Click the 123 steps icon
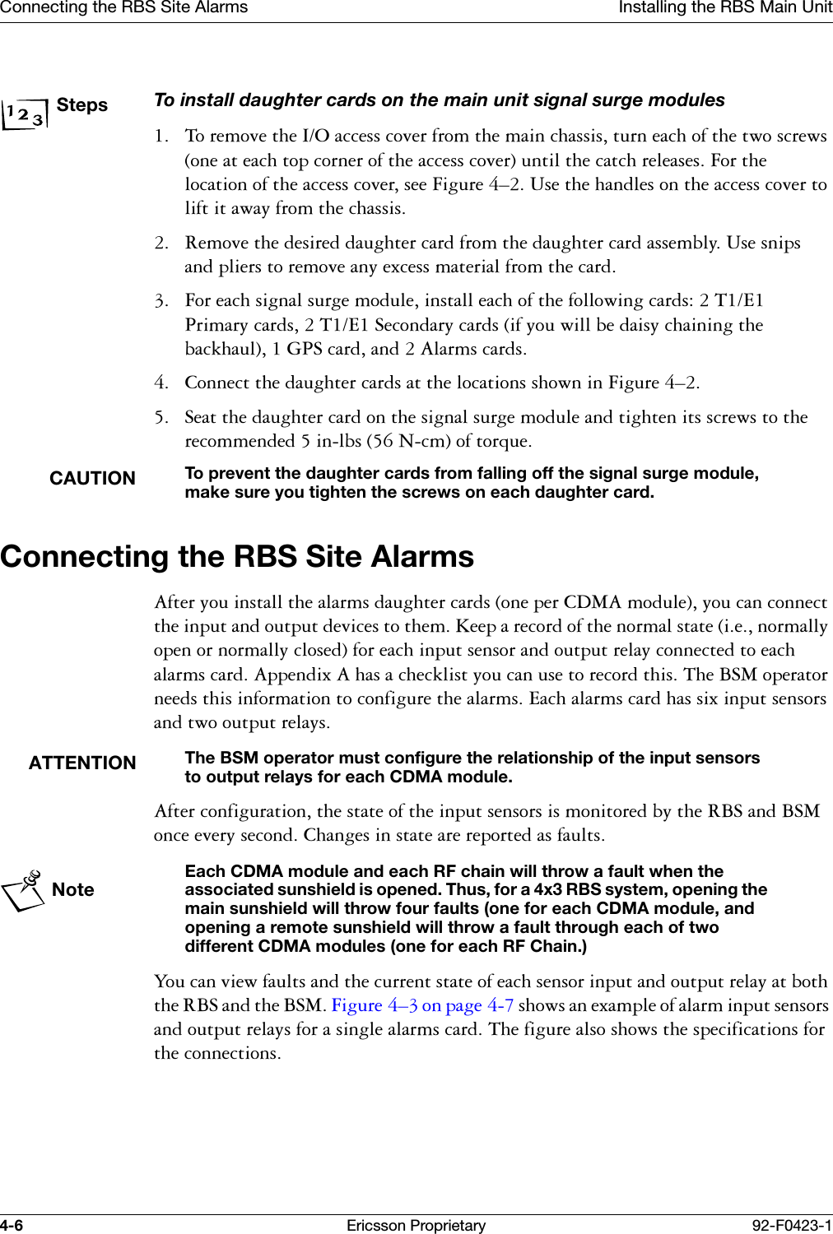click(24, 114)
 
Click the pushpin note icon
click(24, 890)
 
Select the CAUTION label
click(92, 479)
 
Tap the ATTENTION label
click(82, 763)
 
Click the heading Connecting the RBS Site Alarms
click(237, 557)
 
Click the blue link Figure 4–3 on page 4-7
click(422, 1005)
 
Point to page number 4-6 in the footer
click(12, 1225)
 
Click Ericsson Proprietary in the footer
click(416, 1225)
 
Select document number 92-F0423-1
click(791, 1225)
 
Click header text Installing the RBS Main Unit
click(724, 8)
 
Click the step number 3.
click(161, 301)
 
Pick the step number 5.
click(161, 418)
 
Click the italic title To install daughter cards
click(439, 100)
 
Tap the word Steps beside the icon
click(82, 105)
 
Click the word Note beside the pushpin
click(73, 890)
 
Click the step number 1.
click(161, 137)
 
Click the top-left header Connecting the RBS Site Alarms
click(123, 8)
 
